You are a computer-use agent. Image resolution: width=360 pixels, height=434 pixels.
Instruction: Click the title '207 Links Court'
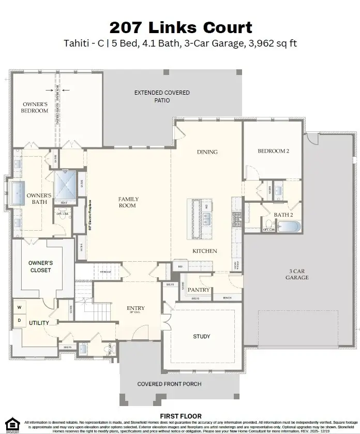point(181,27)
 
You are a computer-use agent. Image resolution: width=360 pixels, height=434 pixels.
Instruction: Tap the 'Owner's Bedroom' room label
point(35,107)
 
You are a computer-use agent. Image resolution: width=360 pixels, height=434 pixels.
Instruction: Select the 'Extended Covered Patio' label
point(162,96)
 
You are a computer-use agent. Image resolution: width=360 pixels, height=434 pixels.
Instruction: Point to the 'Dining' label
point(207,152)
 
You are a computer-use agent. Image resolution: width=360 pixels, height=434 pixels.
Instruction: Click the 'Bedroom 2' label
point(273,151)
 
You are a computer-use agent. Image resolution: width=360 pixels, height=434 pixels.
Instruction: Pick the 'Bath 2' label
point(283,214)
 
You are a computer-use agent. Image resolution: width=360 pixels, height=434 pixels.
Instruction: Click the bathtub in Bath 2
point(288,227)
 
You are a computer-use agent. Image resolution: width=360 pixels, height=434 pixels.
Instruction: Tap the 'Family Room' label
point(128,202)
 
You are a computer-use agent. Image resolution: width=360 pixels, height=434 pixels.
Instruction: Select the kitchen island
point(201,218)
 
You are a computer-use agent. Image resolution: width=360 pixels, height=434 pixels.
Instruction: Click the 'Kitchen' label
point(205,251)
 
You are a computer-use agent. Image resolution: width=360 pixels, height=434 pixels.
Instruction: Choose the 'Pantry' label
point(199,290)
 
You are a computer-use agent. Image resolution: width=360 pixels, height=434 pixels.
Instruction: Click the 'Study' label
point(202,336)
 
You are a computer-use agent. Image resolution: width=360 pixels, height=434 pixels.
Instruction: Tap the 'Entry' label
point(136,308)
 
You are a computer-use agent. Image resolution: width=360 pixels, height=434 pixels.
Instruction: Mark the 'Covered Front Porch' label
point(169,384)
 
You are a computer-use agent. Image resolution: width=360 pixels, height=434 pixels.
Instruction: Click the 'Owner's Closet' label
point(40,266)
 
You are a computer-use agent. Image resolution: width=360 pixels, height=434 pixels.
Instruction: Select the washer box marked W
point(20,307)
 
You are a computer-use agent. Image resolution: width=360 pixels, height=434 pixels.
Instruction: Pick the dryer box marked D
point(20,320)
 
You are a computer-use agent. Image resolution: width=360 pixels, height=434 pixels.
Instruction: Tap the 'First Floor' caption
point(181,416)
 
